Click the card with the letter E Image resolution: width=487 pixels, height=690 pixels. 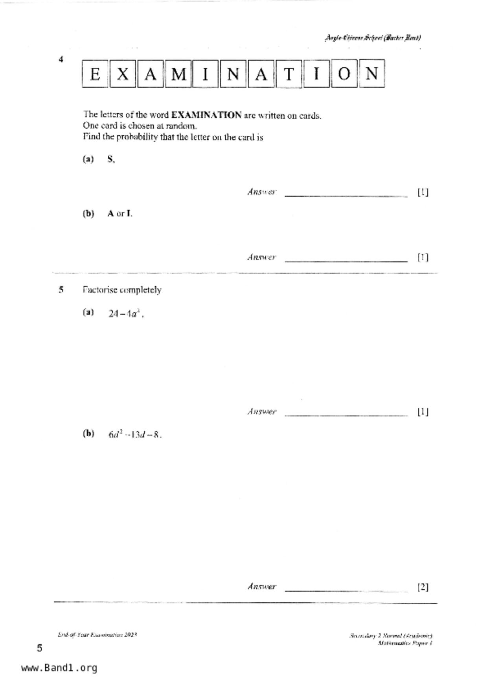[x=95, y=74]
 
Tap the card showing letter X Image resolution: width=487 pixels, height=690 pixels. [x=123, y=74]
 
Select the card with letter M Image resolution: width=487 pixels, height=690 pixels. [x=178, y=74]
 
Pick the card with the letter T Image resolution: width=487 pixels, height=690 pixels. [x=289, y=74]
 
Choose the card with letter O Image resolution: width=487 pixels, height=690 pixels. [x=344, y=74]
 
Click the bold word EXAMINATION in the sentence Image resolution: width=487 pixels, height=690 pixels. [x=206, y=115]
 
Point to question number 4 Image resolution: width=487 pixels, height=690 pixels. [x=61, y=59]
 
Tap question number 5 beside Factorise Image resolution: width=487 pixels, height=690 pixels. [x=61, y=290]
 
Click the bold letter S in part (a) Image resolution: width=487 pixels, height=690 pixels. [x=110, y=159]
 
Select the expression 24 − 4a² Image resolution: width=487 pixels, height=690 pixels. [x=125, y=314]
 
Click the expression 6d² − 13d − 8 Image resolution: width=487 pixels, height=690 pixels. [x=134, y=435]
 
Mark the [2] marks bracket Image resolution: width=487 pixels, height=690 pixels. [x=423, y=587]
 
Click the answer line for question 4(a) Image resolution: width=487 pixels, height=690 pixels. [x=346, y=195]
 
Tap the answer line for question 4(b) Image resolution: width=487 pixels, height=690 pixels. [x=346, y=260]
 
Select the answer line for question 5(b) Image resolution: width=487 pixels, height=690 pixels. [x=346, y=590]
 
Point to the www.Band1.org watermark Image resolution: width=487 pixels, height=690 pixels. [x=59, y=668]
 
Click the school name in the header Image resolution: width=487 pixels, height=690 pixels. [x=373, y=38]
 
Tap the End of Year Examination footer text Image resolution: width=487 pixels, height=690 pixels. [x=97, y=635]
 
